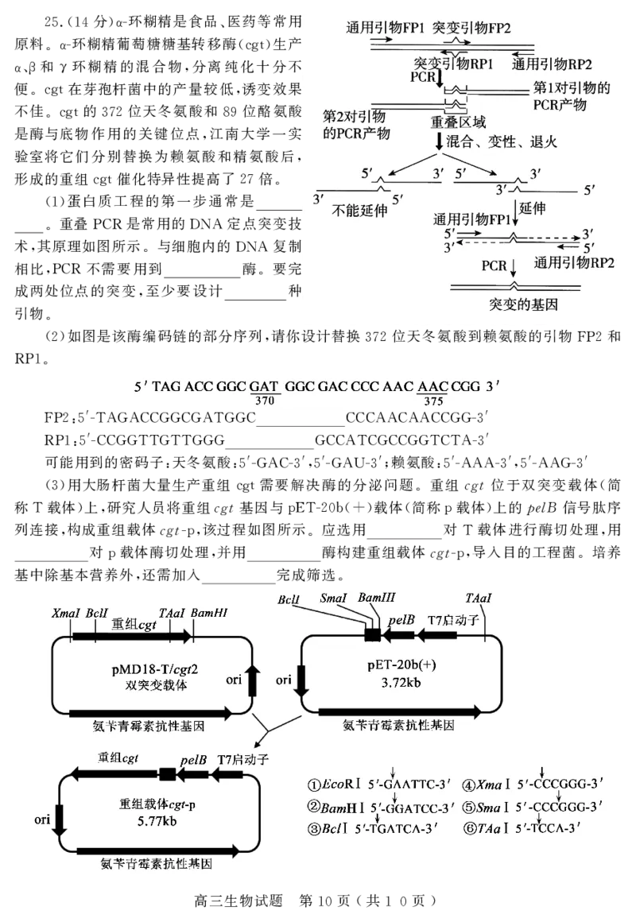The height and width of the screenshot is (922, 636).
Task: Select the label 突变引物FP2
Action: (472, 27)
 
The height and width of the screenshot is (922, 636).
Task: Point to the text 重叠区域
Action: (458, 123)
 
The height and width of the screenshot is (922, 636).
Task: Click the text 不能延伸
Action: (356, 212)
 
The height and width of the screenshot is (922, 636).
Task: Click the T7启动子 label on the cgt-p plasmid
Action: (242, 761)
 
